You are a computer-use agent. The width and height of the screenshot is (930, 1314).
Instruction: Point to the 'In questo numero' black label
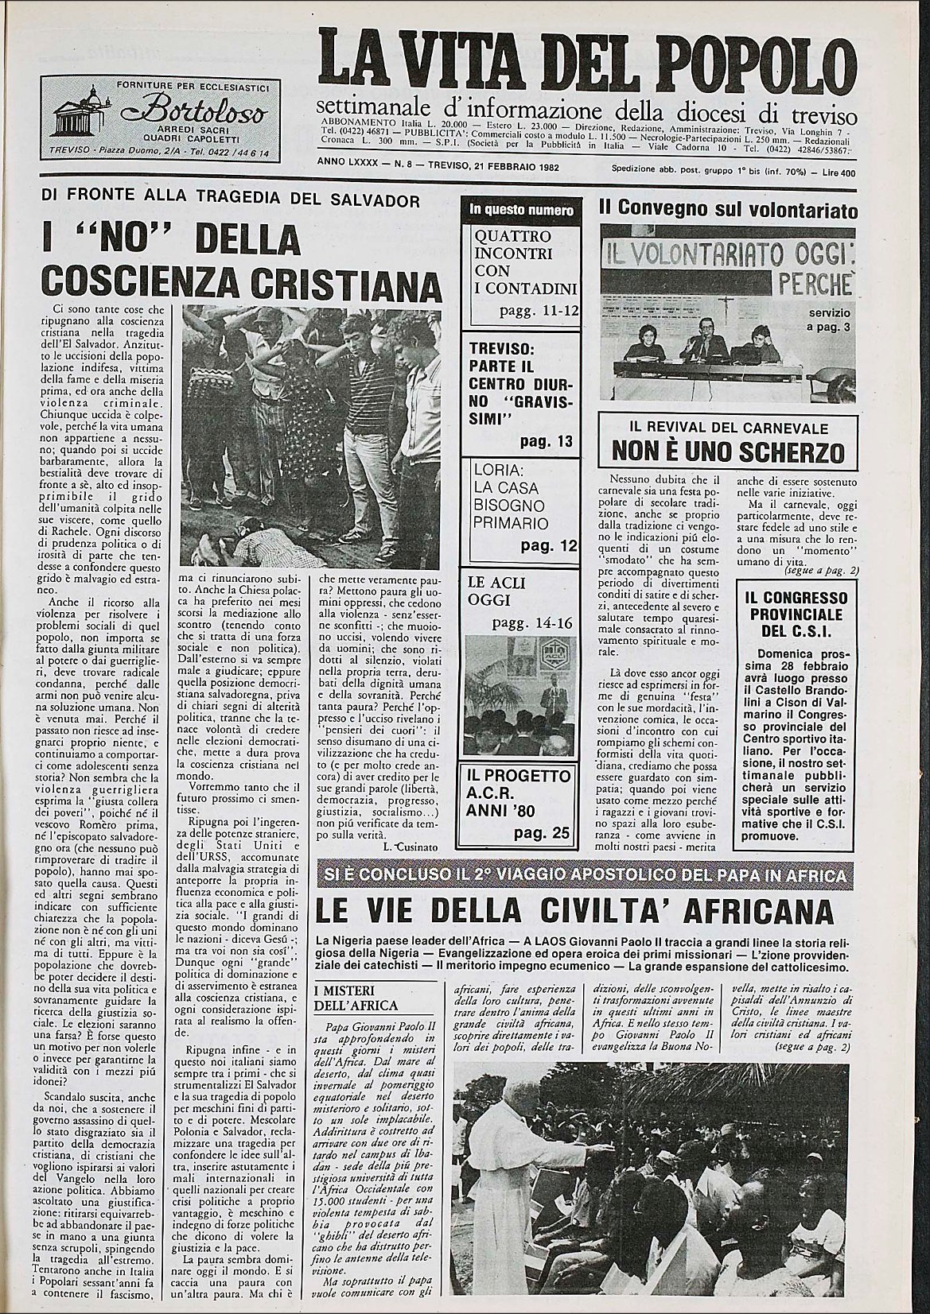(521, 211)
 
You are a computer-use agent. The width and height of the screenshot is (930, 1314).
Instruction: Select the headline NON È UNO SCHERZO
(727, 452)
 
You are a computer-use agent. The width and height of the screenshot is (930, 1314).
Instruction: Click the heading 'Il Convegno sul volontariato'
(728, 210)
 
